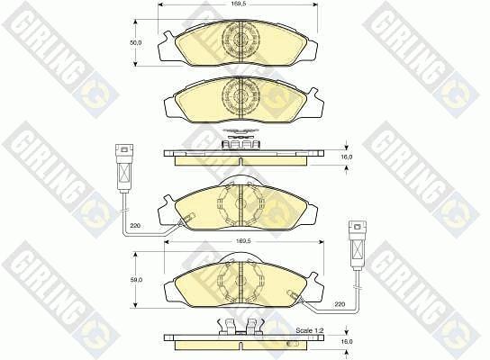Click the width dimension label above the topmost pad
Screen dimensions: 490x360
point(237,4)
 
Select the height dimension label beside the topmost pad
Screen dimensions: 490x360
point(136,42)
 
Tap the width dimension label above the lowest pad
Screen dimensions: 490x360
point(244,241)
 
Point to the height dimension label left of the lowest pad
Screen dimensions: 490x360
point(137,280)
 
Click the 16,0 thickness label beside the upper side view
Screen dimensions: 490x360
point(346,157)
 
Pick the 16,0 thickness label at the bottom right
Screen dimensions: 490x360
point(347,342)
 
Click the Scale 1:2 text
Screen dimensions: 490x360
point(309,330)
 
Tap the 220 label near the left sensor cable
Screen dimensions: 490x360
point(135,225)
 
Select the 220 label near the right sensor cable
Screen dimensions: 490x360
point(340,303)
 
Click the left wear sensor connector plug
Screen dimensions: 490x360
point(124,167)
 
